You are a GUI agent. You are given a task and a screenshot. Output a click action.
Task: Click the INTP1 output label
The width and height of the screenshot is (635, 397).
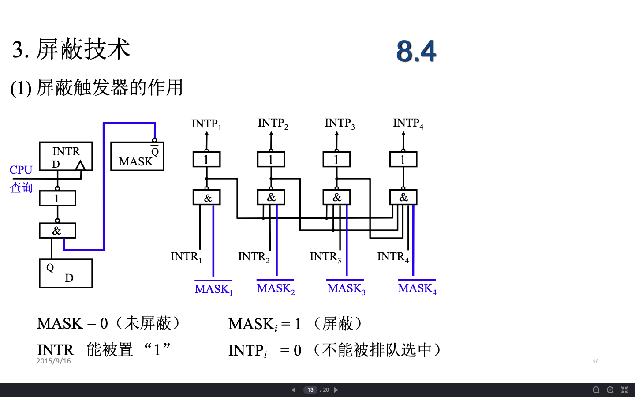(x=206, y=124)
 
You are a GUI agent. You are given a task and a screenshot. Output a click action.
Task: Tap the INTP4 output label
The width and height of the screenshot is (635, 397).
(x=408, y=123)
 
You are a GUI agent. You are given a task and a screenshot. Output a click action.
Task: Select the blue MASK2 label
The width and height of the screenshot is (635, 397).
(x=276, y=288)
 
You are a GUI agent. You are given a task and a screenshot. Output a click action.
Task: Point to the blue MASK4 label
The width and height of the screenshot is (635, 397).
(x=417, y=288)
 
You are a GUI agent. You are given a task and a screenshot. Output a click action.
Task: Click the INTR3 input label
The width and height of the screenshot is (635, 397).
(x=325, y=257)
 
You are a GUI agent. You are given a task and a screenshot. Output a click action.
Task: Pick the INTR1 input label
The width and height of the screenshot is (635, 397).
(x=186, y=257)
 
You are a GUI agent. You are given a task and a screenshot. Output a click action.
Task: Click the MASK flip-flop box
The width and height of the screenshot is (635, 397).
(x=137, y=157)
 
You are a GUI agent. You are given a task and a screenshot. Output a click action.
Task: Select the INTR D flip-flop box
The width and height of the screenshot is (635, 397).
(x=66, y=156)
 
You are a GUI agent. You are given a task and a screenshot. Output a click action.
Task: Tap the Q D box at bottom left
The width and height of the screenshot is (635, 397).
(x=66, y=273)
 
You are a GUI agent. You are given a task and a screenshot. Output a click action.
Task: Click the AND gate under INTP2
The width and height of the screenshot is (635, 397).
(x=271, y=197)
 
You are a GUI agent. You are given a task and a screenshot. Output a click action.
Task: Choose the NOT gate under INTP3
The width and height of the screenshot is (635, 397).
(x=336, y=159)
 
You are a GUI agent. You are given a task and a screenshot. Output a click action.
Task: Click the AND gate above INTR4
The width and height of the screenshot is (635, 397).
(x=403, y=197)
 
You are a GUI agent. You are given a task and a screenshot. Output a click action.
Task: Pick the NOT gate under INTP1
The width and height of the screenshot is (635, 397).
(x=206, y=159)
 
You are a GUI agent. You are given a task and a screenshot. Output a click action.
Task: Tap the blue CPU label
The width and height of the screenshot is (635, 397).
(x=21, y=170)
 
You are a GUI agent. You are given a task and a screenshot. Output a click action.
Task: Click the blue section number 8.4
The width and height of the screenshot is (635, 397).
(x=416, y=51)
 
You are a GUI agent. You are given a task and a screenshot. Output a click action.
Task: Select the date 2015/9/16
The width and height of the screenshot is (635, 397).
(x=53, y=361)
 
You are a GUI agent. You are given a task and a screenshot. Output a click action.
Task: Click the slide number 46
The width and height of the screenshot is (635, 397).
(x=595, y=361)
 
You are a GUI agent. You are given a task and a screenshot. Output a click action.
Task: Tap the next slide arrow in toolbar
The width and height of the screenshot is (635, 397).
(x=336, y=390)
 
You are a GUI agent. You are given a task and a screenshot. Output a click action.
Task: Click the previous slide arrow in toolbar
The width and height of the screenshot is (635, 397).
(x=294, y=390)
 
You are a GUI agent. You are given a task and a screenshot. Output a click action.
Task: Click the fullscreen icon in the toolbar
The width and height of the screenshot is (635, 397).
(x=624, y=390)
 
